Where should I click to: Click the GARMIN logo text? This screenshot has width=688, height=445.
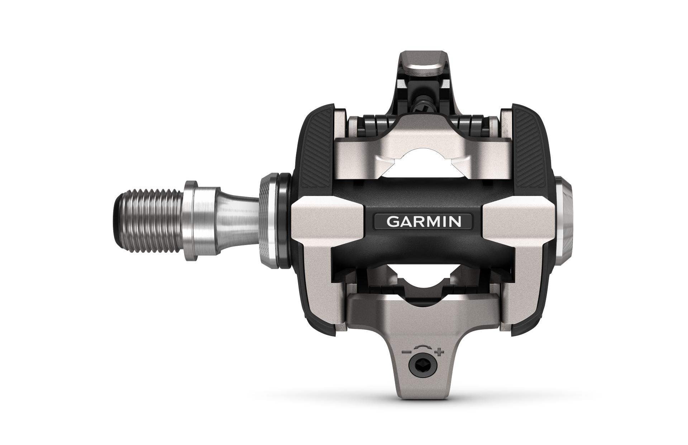(x=423, y=221)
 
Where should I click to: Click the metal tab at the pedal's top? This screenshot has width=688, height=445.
(x=423, y=67)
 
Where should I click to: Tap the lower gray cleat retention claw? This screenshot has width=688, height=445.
(x=423, y=315)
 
